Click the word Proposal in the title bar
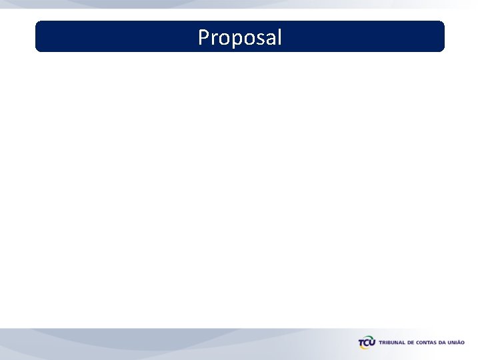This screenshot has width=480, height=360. [x=240, y=37]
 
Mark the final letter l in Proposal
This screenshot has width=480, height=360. [x=278, y=37]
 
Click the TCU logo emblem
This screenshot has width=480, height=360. [x=367, y=343]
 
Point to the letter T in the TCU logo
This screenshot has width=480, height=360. [x=361, y=343]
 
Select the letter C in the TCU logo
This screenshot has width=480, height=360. [x=367, y=343]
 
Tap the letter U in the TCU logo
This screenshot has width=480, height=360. [x=373, y=343]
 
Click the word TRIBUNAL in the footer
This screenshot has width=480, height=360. [x=393, y=343]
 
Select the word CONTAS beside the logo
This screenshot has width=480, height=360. [x=428, y=343]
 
